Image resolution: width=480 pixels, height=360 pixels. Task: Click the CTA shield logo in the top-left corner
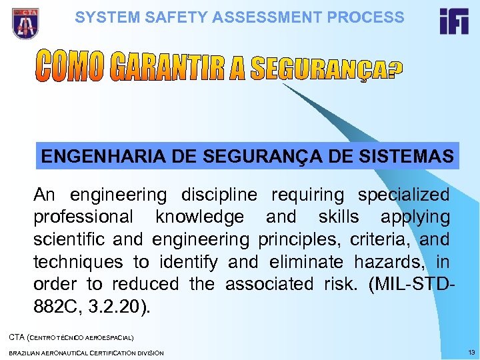[x=25, y=23]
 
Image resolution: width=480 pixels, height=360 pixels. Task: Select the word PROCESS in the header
[x=370, y=17]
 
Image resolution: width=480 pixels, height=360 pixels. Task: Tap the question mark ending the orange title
[x=393, y=71]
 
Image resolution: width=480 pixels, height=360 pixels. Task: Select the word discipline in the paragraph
[x=218, y=195]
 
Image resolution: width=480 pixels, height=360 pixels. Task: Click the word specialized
[x=403, y=195]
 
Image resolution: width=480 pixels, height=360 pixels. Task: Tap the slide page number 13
[x=471, y=351]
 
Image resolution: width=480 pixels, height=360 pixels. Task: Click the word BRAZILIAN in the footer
[x=26, y=352]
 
